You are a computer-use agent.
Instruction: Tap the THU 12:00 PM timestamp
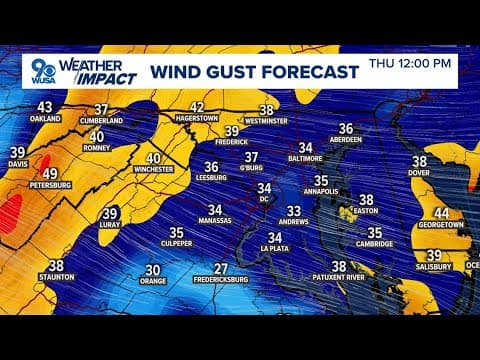[410, 63]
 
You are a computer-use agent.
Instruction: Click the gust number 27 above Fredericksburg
[221, 268]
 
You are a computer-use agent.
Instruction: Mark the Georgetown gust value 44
[441, 214]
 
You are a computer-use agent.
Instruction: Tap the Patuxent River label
[340, 279]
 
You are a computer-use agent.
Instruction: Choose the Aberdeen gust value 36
[346, 128]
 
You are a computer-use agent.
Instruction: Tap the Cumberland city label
[101, 121]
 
